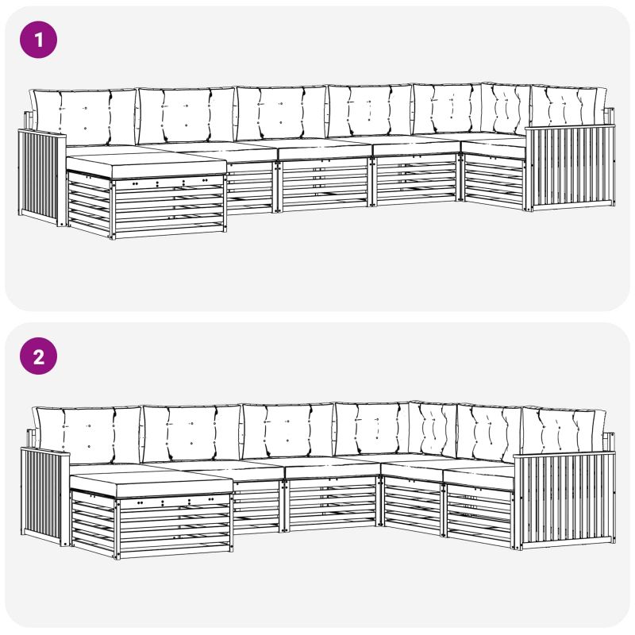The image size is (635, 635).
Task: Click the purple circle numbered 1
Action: [x=38, y=40]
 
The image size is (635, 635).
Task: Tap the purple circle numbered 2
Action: [x=38, y=356]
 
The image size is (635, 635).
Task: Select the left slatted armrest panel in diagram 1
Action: [x=42, y=177]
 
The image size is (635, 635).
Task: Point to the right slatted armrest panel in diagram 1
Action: [x=570, y=168]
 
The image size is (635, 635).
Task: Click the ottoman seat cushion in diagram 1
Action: [x=146, y=165]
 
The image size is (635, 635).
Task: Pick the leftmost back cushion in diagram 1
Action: [x=84, y=117]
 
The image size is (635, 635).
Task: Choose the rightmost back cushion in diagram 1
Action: [x=569, y=106]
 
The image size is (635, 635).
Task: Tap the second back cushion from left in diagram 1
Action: [x=187, y=114]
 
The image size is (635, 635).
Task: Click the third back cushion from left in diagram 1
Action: [x=282, y=113]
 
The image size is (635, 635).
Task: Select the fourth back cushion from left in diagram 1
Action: [x=370, y=110]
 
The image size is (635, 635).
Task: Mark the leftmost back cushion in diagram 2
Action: [x=87, y=435]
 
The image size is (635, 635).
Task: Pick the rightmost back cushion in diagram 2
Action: [x=564, y=430]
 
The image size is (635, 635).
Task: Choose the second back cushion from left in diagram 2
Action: [x=192, y=433]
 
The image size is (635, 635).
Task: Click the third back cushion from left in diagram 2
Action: [x=288, y=430]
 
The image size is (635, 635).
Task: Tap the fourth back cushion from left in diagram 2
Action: [x=371, y=429]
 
